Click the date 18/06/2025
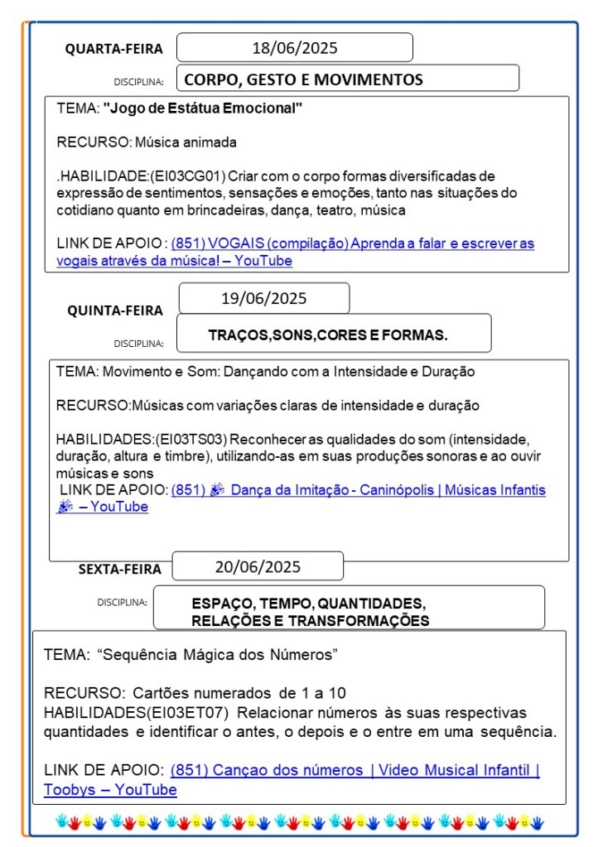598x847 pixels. (x=295, y=48)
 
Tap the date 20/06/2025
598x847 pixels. (x=258, y=567)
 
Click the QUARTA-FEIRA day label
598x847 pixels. (x=114, y=50)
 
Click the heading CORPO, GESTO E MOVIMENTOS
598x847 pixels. (x=303, y=79)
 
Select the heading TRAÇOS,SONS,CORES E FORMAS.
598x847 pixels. (x=328, y=335)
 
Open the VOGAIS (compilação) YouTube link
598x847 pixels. (x=352, y=243)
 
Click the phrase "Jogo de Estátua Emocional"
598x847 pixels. (x=203, y=108)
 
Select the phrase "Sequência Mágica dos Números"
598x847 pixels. (x=217, y=655)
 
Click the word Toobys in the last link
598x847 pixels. (x=68, y=790)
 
